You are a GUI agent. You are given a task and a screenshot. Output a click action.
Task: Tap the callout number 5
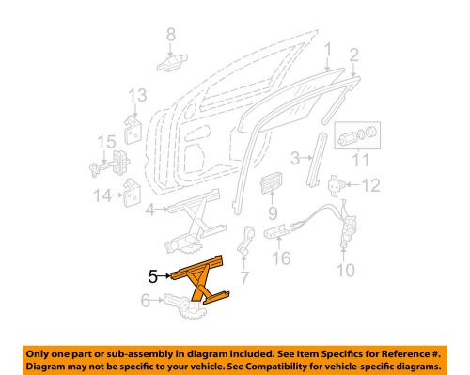coord(153,276)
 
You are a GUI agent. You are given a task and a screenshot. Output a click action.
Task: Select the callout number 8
coord(170,36)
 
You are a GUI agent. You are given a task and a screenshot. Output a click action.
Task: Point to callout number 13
coord(137,95)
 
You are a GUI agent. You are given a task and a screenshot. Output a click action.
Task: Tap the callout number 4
coord(150,211)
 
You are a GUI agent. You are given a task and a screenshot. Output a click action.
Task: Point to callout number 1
coord(327,48)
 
